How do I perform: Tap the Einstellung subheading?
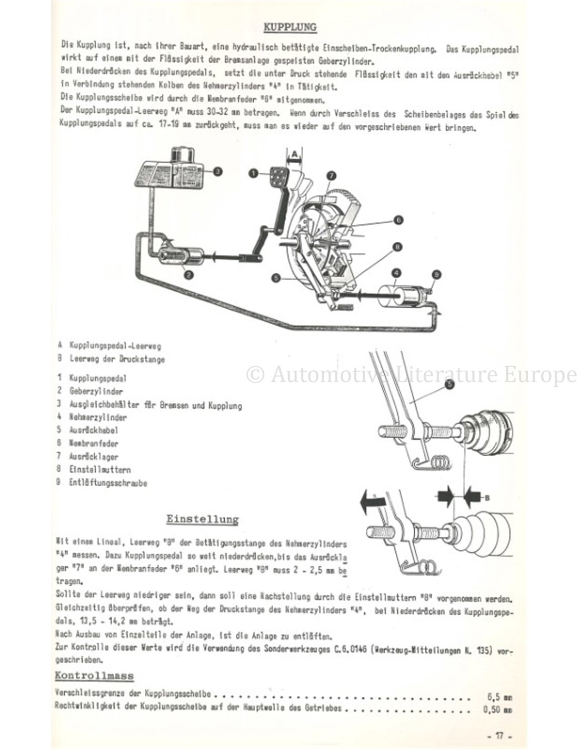[202, 519]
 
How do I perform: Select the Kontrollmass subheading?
[94, 676]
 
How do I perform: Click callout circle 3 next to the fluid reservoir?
[217, 171]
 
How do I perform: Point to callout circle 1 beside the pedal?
[253, 172]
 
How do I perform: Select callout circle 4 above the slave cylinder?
[396, 272]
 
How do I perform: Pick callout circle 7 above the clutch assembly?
[331, 175]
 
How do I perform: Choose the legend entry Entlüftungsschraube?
[108, 482]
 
